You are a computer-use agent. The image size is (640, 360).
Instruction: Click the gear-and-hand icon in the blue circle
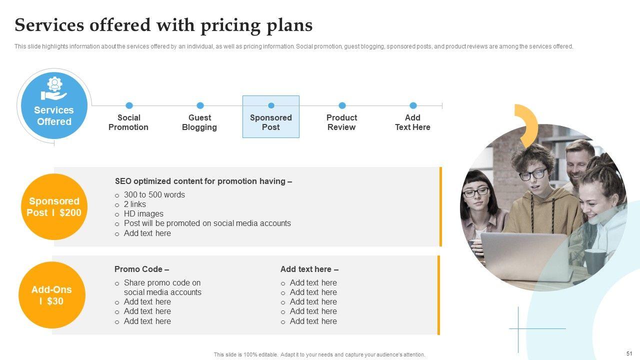click(54, 88)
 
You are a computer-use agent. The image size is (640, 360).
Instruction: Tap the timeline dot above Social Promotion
click(129, 105)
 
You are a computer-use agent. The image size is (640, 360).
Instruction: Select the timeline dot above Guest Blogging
click(200, 105)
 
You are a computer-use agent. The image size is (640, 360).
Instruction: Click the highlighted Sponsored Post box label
click(271, 122)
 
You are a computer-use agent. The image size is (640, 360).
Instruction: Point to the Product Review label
click(341, 122)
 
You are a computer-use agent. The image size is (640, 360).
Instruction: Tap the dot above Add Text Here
click(413, 105)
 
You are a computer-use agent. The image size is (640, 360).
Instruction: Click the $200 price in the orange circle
click(70, 212)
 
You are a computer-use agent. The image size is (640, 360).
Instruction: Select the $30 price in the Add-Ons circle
click(55, 301)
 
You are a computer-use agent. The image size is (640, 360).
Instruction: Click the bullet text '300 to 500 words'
click(154, 195)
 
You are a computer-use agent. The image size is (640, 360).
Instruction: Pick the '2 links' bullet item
click(135, 204)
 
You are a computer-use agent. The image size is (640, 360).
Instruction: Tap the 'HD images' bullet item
click(143, 213)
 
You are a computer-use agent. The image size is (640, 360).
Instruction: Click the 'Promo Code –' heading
click(141, 269)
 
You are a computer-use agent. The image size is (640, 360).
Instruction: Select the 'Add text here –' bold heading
click(309, 269)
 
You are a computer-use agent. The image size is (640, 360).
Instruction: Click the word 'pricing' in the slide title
click(230, 25)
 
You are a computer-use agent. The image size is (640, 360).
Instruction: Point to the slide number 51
click(629, 353)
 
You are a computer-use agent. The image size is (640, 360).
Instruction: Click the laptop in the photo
click(525, 255)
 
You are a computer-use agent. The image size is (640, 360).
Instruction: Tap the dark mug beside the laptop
click(595, 261)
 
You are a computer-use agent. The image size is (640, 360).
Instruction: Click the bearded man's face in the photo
click(577, 163)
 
